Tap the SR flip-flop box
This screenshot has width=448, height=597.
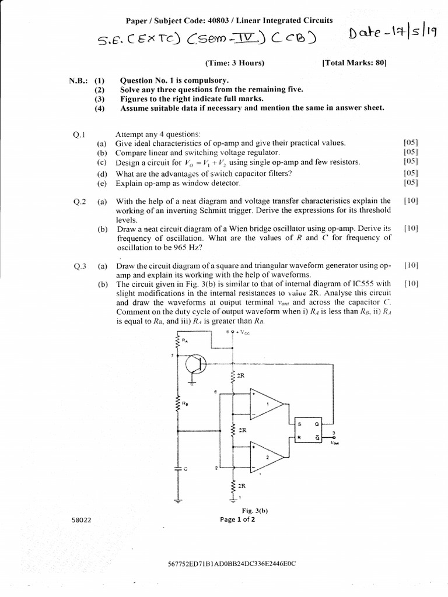click(309, 430)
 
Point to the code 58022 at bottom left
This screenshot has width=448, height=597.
click(79, 520)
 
